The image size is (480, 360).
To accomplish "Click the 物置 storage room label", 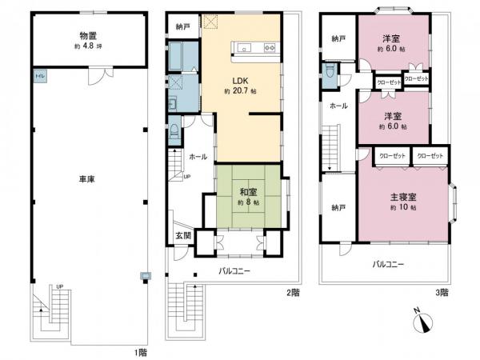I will tap(89, 36).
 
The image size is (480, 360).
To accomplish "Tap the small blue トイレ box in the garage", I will tap(38, 76).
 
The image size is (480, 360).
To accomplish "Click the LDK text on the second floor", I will tap(239, 81).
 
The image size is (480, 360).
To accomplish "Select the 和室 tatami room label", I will tap(247, 192).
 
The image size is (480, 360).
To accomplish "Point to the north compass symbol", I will tap(425, 322).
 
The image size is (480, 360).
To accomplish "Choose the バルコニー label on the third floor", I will tap(388, 263).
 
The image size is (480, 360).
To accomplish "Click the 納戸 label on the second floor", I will tap(183, 27).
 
